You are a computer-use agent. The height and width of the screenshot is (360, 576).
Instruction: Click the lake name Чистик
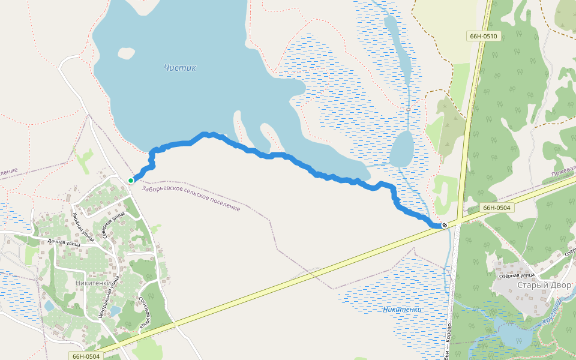coord(180,68)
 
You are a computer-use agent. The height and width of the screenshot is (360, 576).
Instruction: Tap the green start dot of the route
coord(131,180)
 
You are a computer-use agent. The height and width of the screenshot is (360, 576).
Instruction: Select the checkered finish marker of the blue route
coord(444,225)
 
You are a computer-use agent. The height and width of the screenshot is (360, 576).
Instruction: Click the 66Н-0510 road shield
coord(483,36)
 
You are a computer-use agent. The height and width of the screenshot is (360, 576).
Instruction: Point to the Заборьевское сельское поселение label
coord(191,199)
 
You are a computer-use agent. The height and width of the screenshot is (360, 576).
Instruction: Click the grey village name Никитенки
coord(94,283)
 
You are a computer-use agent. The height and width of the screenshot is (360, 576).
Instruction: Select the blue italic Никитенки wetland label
coord(402,310)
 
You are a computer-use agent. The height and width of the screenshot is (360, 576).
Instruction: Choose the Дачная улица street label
coord(64,243)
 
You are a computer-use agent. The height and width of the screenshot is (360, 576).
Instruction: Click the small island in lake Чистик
coord(127,53)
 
